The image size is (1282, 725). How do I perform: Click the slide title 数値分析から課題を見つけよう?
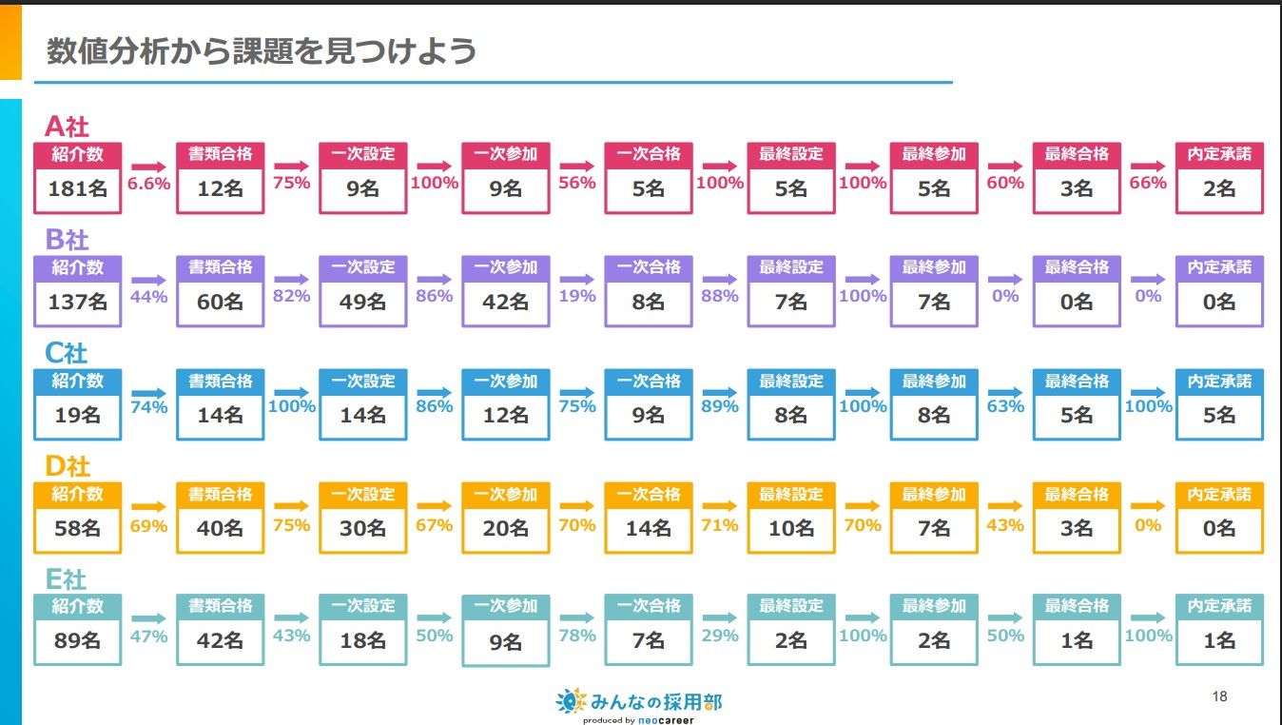coord(262,50)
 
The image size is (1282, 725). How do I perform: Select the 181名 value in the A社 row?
coord(77,189)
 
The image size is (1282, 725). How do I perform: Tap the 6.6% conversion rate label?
coord(148,183)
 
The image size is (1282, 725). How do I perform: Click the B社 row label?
coord(67,239)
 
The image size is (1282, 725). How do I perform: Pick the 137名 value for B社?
coord(77,303)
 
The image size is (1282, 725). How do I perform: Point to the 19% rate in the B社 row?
coord(577,296)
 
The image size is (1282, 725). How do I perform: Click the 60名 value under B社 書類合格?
coord(220,303)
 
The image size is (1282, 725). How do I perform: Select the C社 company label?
coord(67,353)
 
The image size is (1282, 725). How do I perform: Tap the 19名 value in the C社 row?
coord(77,415)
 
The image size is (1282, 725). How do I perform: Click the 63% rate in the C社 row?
coord(1005,406)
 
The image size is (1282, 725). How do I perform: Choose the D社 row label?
coord(68,466)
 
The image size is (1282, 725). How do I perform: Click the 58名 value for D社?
coord(77,528)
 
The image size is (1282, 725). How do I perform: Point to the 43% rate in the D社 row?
coord(1005,524)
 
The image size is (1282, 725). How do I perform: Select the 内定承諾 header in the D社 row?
coord(1219,495)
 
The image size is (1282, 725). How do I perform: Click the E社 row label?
coord(66,578)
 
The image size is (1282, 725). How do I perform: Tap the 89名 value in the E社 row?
coord(77,640)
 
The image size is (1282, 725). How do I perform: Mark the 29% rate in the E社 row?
coord(720,635)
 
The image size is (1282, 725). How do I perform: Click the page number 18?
coord(1219,696)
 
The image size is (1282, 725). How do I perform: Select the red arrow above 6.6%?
coord(148,166)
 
